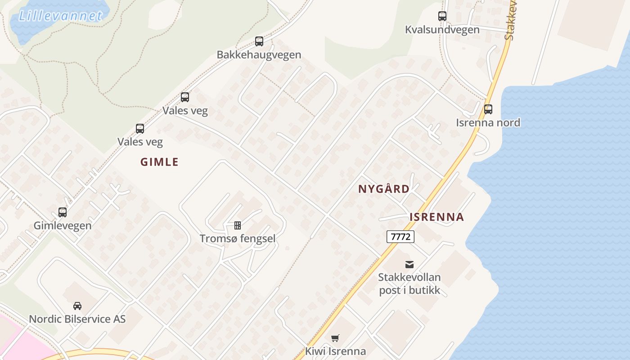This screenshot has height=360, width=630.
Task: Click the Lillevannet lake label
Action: (61, 16)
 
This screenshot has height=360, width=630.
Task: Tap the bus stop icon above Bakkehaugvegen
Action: (259, 41)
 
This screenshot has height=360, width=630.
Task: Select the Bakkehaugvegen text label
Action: (259, 55)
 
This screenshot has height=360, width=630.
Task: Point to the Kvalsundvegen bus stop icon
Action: (442, 16)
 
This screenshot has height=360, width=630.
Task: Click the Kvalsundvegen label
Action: (442, 30)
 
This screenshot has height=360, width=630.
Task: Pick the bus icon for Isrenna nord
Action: (488, 109)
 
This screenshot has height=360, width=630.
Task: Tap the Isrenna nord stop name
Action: (488, 122)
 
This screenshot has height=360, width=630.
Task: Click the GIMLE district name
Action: (159, 162)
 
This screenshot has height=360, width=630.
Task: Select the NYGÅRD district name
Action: (384, 189)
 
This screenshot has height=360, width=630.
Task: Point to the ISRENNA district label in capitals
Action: (436, 217)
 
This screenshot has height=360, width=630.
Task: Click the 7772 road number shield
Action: (400, 236)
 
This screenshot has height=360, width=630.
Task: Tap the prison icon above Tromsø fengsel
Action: (238, 225)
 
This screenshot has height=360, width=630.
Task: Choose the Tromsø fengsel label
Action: (238, 238)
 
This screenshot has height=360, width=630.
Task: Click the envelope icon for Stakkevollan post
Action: (409, 264)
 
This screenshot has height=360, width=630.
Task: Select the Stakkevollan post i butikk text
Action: (409, 283)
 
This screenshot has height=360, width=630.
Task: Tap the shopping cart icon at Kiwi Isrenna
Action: (335, 338)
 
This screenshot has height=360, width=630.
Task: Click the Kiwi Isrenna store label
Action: (335, 351)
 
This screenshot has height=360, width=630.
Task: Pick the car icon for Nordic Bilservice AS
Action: (77, 306)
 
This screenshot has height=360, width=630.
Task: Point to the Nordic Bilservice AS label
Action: (77, 319)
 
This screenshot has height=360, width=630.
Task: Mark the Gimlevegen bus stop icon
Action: (63, 212)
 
